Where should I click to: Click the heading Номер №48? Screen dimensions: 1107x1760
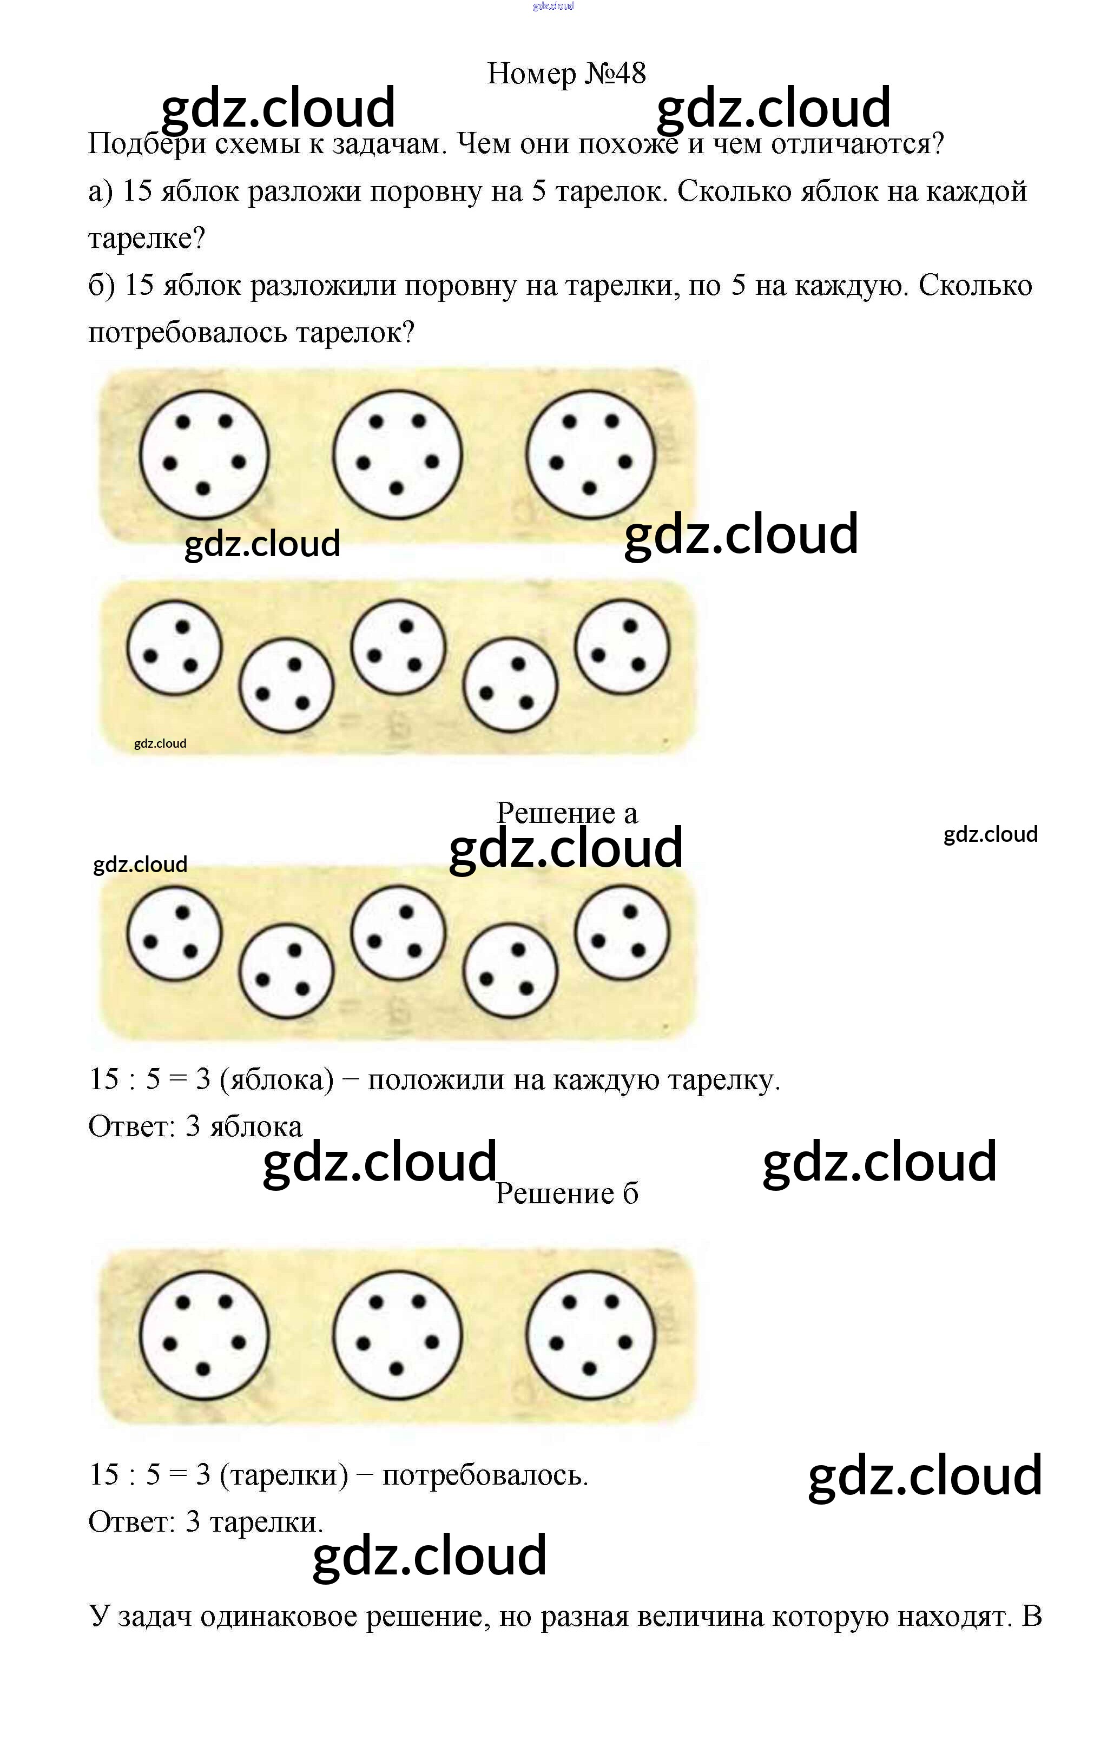(566, 73)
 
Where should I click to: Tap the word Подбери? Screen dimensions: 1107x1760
(146, 144)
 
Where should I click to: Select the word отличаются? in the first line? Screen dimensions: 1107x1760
(858, 143)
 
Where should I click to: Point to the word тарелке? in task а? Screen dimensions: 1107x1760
(147, 238)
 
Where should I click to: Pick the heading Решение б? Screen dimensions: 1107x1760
(566, 1194)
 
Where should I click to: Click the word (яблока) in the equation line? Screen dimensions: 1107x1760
(277, 1079)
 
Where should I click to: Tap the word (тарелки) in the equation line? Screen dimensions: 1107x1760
(284, 1475)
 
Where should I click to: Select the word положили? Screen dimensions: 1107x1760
(436, 1079)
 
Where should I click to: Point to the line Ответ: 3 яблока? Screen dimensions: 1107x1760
(195, 1126)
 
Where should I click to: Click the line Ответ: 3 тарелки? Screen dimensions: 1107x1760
(205, 1522)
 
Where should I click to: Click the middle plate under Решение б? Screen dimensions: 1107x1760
(397, 1335)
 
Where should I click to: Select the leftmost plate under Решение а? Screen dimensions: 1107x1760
(174, 933)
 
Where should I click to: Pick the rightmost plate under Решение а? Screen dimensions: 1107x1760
(622, 933)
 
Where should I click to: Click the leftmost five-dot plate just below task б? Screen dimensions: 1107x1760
(204, 454)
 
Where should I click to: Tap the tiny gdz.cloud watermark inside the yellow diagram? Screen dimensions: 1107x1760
(160, 743)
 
